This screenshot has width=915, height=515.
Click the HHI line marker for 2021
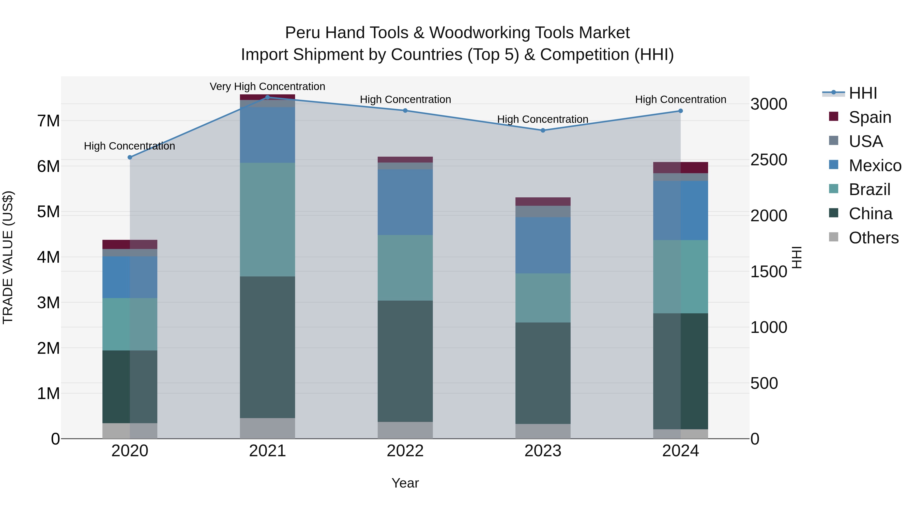click(267, 97)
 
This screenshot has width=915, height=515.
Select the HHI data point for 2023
click(543, 130)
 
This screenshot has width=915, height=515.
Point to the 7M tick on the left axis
click(49, 121)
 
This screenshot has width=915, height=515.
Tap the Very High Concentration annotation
click(267, 86)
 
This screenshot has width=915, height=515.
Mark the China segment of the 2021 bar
click(267, 347)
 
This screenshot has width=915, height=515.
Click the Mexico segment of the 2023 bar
click(543, 245)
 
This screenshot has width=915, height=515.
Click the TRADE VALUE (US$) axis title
click(8, 257)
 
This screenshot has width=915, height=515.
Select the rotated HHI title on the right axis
click(797, 257)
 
